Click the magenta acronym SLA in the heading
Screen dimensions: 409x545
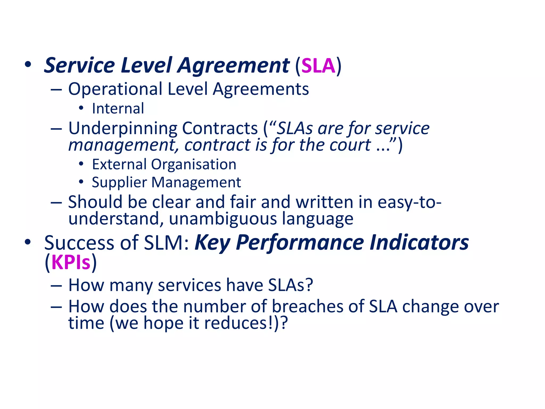click(x=318, y=66)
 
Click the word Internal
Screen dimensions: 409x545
click(x=118, y=109)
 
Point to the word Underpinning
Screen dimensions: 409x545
click(x=123, y=129)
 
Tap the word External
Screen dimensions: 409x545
click(x=119, y=164)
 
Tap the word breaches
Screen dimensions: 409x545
click(x=308, y=306)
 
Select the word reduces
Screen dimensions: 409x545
click(x=237, y=323)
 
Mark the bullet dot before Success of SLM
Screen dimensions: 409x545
click(x=28, y=242)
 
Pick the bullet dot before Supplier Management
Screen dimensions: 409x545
click(x=81, y=182)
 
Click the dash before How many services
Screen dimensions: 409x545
click(x=56, y=285)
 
